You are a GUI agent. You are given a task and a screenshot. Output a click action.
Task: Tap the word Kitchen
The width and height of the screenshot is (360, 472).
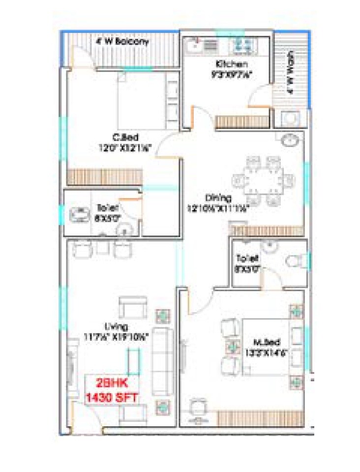point(231,64)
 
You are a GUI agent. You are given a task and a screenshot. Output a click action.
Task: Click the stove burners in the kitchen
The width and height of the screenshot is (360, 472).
point(241,46)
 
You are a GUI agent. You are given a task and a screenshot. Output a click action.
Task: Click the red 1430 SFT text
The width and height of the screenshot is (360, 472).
point(111,397)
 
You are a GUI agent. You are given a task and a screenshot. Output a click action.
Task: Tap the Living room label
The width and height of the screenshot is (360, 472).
point(116,326)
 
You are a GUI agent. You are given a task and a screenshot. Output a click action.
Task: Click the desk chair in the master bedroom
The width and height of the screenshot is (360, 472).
point(198,406)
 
